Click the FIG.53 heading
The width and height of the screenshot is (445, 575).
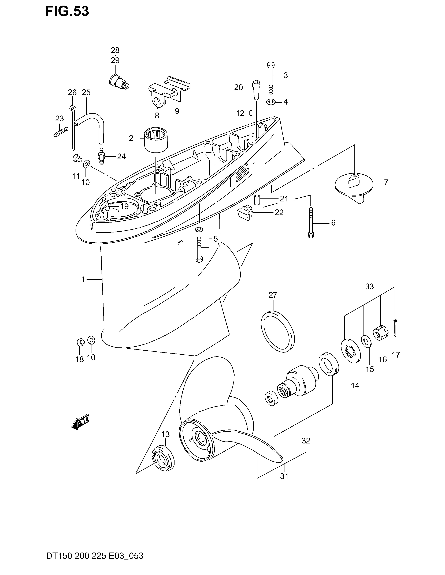[x=67, y=11]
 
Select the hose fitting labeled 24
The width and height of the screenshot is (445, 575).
[x=101, y=156]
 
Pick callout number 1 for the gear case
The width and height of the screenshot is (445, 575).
[x=83, y=279]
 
